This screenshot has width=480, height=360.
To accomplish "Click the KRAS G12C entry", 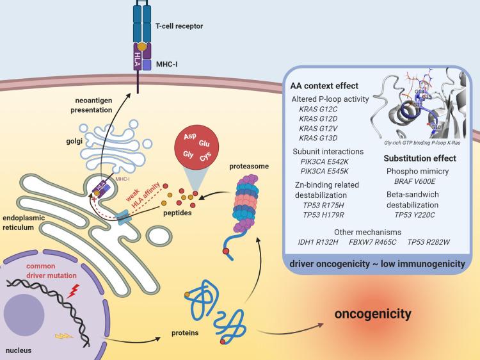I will pos(321,111).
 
